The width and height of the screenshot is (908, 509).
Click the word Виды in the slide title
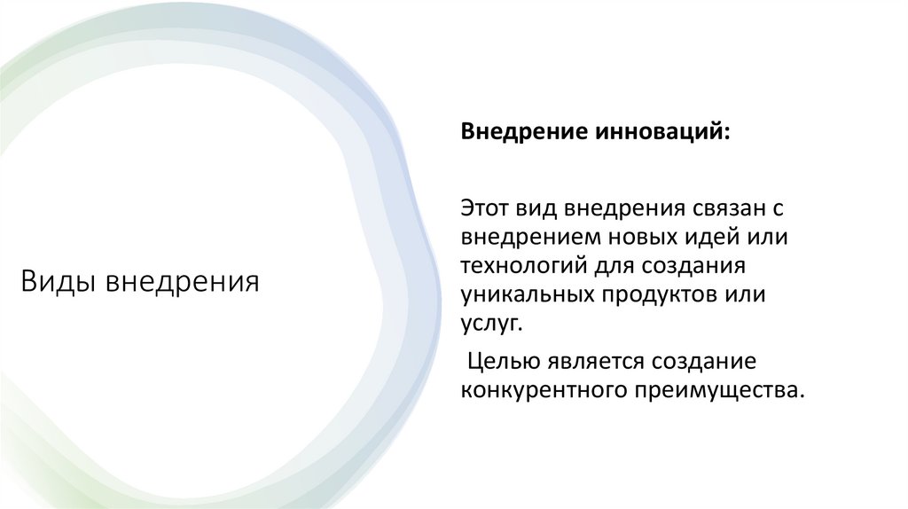point(59,283)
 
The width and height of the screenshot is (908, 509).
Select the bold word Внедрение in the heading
point(516,131)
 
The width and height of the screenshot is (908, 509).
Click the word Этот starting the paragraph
point(484,210)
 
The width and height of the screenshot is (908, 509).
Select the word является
point(594,362)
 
